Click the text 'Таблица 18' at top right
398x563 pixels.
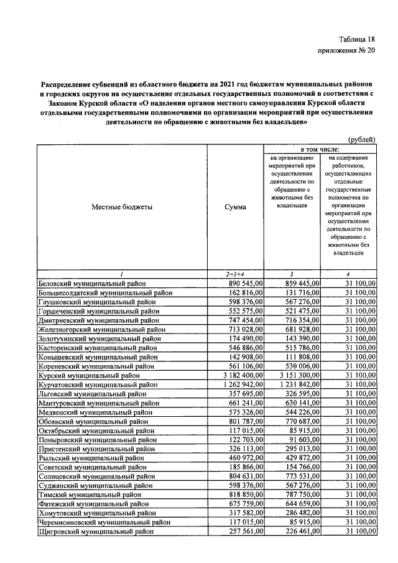[x=356, y=39]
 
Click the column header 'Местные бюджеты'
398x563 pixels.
[x=122, y=207]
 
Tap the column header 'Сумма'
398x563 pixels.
[x=236, y=207]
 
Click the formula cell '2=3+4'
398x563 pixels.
[x=236, y=274]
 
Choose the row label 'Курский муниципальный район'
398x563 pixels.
[x=89, y=376]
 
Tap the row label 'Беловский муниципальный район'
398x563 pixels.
[x=93, y=283]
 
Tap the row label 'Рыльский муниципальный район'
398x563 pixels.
[x=91, y=458]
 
